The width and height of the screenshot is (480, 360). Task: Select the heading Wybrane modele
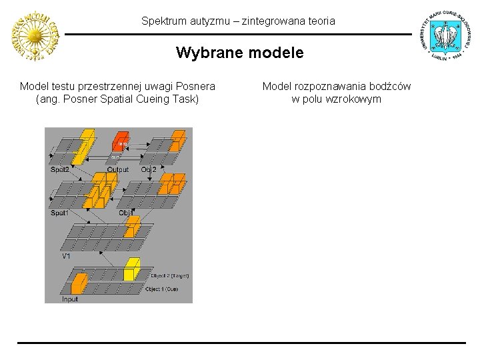239,53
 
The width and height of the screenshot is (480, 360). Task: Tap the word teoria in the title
321,21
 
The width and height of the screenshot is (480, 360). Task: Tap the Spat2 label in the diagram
60,169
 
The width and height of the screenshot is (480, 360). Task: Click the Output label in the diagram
118,169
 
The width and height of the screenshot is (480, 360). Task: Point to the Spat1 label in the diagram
60,213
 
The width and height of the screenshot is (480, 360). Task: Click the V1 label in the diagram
67,256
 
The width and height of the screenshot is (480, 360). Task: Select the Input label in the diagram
70,299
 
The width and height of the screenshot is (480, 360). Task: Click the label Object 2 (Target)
170,275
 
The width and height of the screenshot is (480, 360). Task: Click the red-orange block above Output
120,141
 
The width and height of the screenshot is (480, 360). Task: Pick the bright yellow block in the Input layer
132,269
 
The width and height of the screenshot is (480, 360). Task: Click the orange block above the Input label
79,285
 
